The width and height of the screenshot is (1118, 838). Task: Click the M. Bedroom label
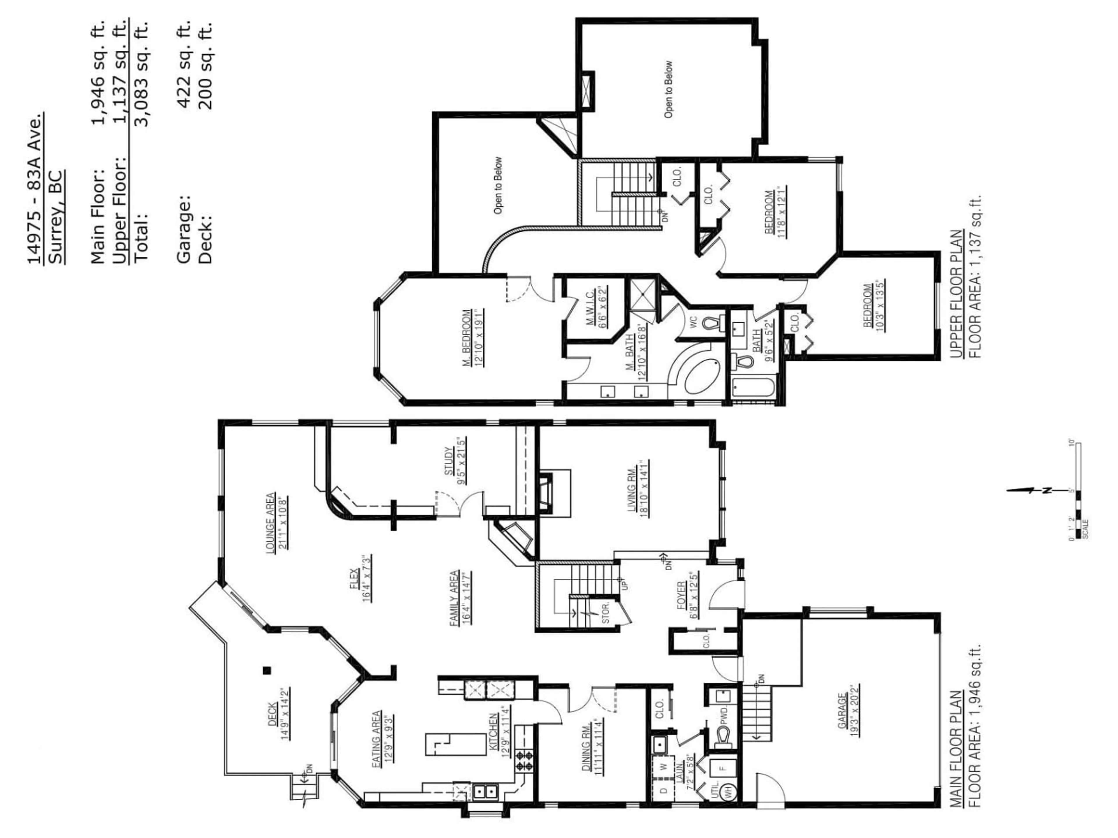click(466, 337)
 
